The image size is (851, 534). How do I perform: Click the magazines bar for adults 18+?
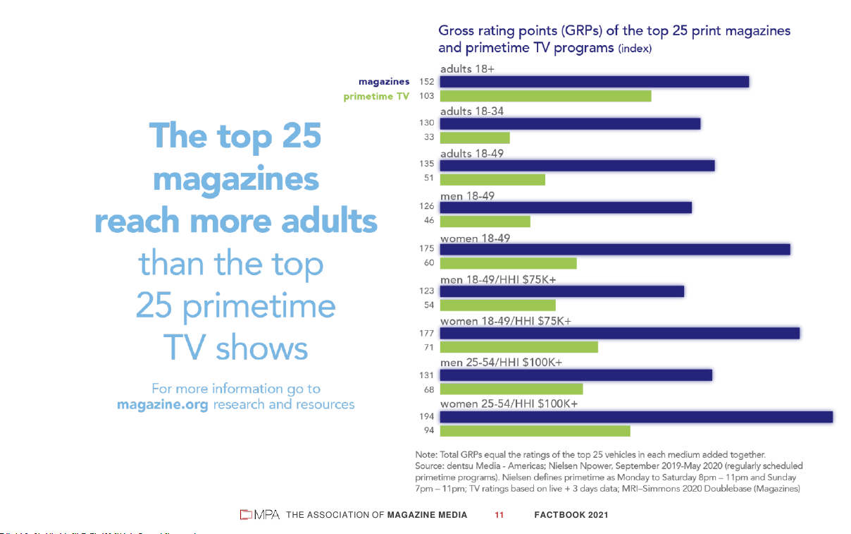pos(594,82)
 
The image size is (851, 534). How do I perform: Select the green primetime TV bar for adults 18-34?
pos(475,138)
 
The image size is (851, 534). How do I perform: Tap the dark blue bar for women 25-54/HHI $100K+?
pos(636,417)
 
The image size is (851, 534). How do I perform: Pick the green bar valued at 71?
pos(519,347)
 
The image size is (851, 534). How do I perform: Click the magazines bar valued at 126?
pos(566,207)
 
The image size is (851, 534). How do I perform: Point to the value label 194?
pos(427,417)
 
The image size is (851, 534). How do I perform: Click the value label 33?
pos(429,138)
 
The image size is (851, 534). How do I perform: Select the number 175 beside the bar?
pos(427,249)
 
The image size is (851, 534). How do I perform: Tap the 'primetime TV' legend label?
pos(376,97)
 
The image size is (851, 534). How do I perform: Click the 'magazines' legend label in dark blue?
pos(384,82)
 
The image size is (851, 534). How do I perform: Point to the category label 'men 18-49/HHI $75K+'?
pos(498,280)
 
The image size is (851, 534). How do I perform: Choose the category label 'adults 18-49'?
pos(472,154)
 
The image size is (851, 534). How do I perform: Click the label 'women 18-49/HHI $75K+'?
pos(506,322)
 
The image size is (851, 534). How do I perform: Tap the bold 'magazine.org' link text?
pos(162,405)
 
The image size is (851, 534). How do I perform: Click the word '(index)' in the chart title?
pos(635,49)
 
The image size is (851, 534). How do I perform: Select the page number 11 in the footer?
pos(499,515)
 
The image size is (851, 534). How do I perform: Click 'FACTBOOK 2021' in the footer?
pos(571,515)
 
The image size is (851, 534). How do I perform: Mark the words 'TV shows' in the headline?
pos(235,348)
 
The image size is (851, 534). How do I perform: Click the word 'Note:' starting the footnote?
pos(426,454)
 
